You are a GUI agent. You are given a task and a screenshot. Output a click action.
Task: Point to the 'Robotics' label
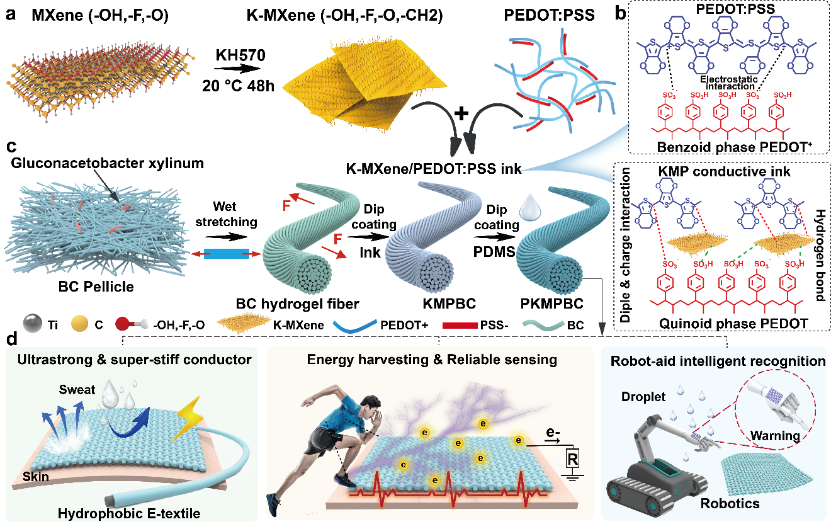pos(732,503)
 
